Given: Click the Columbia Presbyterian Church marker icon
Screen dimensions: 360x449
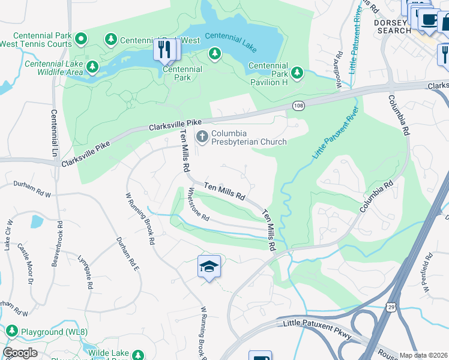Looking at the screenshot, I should [x=202, y=136].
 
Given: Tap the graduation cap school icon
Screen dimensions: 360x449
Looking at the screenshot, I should [x=209, y=266].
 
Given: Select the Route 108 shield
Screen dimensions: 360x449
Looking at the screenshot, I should [x=298, y=106].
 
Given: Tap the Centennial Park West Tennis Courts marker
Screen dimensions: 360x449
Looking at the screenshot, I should [x=82, y=40].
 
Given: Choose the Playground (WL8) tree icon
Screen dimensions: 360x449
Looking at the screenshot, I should [x=11, y=331].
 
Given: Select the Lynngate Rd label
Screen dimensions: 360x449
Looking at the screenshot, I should [x=85, y=273].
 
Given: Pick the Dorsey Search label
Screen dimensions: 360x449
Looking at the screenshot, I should [x=394, y=26].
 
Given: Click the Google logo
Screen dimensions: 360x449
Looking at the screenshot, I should [x=20, y=353].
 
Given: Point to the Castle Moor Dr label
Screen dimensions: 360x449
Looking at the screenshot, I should [x=25, y=263].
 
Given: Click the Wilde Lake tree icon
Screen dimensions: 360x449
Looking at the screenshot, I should [x=138, y=355].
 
